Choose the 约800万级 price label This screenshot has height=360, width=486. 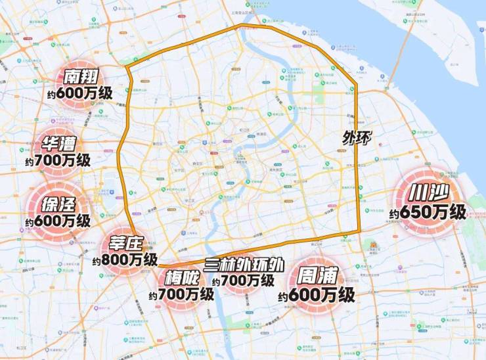pos(125,260)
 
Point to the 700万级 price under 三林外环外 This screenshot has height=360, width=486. pos(248,281)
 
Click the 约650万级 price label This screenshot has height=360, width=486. pos(427,213)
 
